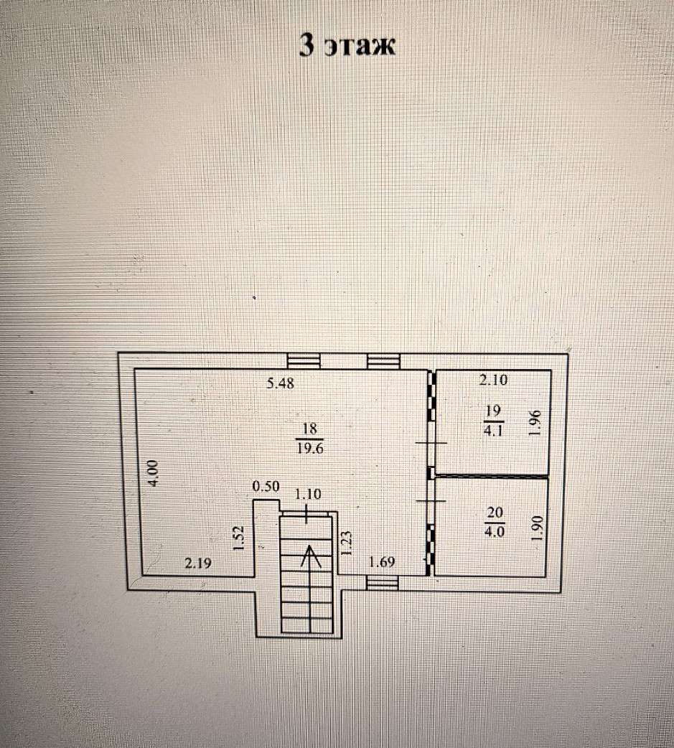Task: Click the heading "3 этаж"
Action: pyautogui.click(x=347, y=46)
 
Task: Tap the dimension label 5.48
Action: pyautogui.click(x=281, y=383)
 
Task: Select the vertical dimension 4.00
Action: pyautogui.click(x=153, y=473)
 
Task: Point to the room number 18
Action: pyautogui.click(x=310, y=429)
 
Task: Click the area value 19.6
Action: pyautogui.click(x=310, y=449)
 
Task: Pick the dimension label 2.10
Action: pyautogui.click(x=493, y=380)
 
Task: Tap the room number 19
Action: pyautogui.click(x=493, y=411)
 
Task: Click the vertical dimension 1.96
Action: pyautogui.click(x=535, y=423)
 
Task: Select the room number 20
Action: pyautogui.click(x=495, y=513)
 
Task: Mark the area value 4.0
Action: pyautogui.click(x=495, y=531)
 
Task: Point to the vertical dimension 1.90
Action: pyautogui.click(x=538, y=528)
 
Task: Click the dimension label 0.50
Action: pyautogui.click(x=266, y=486)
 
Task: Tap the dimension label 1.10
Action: pyautogui.click(x=308, y=494)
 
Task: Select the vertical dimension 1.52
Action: pyautogui.click(x=240, y=538)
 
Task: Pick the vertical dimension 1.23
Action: pyautogui.click(x=347, y=543)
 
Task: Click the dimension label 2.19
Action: pyautogui.click(x=198, y=564)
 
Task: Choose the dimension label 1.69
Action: pyautogui.click(x=383, y=562)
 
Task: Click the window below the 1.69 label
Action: pyautogui.click(x=382, y=582)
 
